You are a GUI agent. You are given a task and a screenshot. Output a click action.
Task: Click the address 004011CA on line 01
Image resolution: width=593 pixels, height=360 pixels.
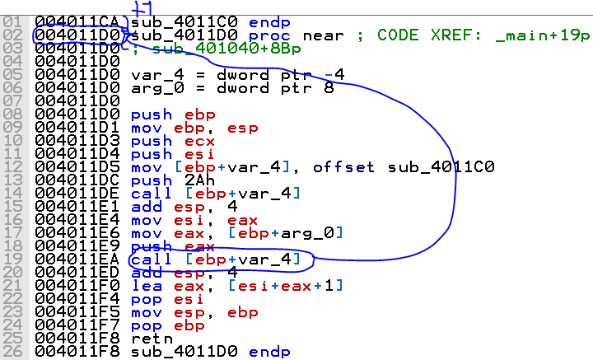(77, 22)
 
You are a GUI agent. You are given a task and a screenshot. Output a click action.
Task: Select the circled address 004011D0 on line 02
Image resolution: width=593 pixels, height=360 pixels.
(77, 35)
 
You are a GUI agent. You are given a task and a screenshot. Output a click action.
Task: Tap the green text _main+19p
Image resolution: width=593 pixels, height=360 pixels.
(543, 35)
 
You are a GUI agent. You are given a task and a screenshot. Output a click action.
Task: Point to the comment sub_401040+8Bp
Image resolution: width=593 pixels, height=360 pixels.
(226, 49)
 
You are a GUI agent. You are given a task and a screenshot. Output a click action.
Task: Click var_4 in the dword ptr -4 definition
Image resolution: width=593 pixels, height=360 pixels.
(157, 75)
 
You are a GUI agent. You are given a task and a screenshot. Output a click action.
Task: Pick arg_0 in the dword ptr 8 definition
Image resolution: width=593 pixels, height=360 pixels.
(157, 88)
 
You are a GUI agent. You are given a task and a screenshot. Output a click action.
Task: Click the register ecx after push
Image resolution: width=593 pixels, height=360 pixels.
(199, 141)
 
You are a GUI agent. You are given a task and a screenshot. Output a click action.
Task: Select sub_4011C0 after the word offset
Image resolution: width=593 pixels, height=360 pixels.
(441, 166)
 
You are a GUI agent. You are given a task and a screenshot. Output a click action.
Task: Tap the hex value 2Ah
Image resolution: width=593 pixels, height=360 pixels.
(199, 180)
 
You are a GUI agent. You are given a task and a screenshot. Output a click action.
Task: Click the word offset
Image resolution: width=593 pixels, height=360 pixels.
(343, 166)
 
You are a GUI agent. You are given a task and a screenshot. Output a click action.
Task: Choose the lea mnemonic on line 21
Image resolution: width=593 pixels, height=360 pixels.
(147, 286)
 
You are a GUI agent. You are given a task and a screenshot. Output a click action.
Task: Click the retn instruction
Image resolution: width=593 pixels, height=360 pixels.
(152, 338)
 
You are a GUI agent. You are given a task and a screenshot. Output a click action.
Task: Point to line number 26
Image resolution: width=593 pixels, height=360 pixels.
(12, 351)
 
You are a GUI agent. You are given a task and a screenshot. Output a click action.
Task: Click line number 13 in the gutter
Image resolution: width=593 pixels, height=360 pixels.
(12, 180)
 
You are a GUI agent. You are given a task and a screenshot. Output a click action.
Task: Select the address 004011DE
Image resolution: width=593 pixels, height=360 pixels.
(77, 194)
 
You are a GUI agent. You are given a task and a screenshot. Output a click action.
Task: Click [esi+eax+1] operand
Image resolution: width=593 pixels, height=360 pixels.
(286, 286)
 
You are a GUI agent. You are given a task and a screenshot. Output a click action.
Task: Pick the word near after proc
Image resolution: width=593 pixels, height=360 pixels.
(323, 36)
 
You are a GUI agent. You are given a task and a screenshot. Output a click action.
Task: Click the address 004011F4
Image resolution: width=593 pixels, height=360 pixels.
(77, 299)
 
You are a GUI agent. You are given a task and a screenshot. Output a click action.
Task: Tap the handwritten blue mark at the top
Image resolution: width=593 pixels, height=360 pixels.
(142, 8)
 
